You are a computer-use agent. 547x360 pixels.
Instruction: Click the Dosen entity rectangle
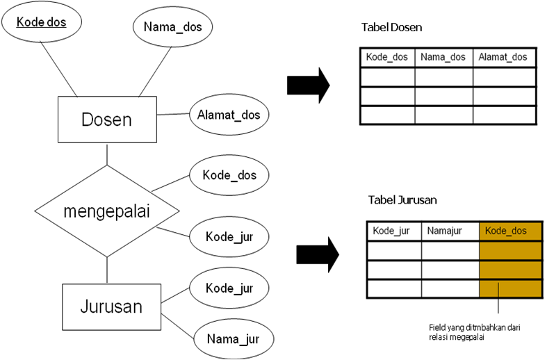(x=106, y=120)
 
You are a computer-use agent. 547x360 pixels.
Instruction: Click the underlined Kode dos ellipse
(x=41, y=22)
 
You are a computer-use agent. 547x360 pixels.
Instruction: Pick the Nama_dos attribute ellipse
(x=172, y=28)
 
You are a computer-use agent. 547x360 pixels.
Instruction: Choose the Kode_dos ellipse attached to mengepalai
(x=229, y=175)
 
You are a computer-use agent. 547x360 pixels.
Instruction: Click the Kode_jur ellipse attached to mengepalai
(x=229, y=236)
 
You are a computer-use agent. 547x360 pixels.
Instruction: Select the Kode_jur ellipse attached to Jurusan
(x=229, y=288)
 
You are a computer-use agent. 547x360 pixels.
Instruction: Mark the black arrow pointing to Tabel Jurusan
(x=317, y=255)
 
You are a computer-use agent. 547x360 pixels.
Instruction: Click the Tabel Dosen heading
(x=392, y=28)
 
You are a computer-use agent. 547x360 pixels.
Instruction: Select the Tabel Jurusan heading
(x=401, y=200)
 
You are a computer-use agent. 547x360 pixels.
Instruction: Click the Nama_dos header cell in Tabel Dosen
(x=443, y=58)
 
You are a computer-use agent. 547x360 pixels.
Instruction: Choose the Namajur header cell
(x=450, y=231)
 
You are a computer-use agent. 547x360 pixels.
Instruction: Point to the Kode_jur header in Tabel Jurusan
(x=393, y=231)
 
